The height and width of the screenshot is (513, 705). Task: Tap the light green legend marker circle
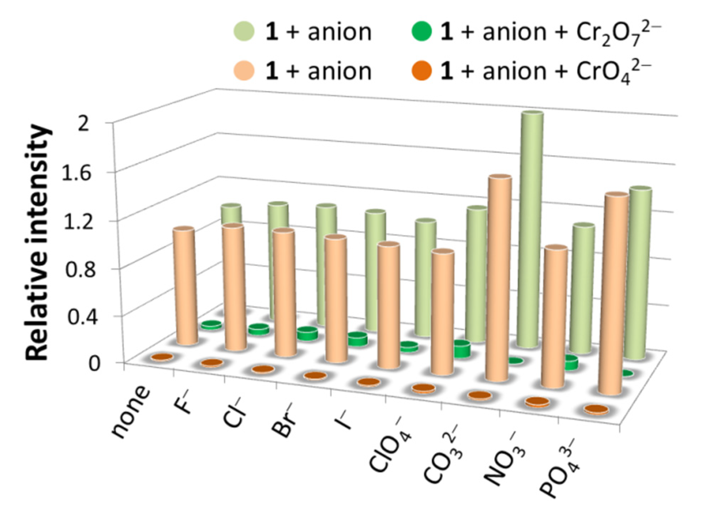click(x=244, y=31)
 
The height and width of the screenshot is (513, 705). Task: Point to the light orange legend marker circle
click(x=244, y=71)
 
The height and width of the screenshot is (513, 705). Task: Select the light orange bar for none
click(x=185, y=285)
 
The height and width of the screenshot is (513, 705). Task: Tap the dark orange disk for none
click(x=162, y=357)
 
